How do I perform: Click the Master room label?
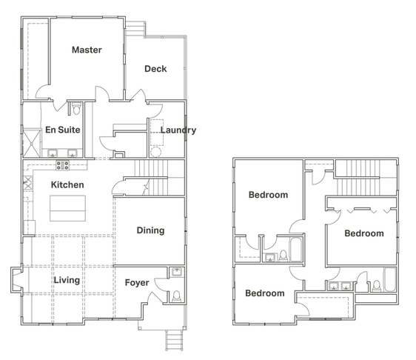click(x=87, y=50)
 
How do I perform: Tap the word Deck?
click(x=155, y=69)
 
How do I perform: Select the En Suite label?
click(x=63, y=130)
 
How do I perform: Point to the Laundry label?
click(x=178, y=130)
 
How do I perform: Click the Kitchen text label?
click(x=67, y=184)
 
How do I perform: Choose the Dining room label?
click(x=150, y=230)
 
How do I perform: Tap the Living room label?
click(x=67, y=280)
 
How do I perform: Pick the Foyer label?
click(x=137, y=283)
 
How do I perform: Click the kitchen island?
click(x=67, y=208)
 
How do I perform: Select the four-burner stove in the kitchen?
click(x=63, y=165)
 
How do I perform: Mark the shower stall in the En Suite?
click(x=32, y=144)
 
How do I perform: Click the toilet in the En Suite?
click(x=76, y=109)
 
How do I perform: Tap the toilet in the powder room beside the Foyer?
click(x=177, y=296)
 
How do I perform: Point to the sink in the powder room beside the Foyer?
click(x=177, y=273)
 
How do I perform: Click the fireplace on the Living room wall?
click(x=16, y=280)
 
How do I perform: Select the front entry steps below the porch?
click(x=174, y=340)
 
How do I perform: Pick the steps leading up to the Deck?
click(x=135, y=29)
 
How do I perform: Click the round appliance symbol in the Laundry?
click(x=155, y=153)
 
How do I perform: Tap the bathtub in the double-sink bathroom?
click(x=389, y=279)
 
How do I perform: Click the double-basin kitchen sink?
click(x=28, y=183)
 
